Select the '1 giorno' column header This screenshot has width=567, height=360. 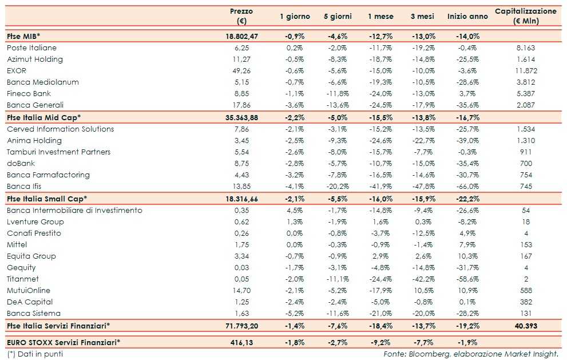[295, 17]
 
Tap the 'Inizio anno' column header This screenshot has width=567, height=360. [467, 17]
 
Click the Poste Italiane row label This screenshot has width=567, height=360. [31, 48]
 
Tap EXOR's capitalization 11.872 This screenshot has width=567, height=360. [526, 70]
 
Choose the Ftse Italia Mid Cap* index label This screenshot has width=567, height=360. [44, 117]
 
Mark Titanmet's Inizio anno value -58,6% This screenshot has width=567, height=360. [467, 279]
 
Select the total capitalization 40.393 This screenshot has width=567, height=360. [526, 325]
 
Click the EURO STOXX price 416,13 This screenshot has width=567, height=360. [241, 342]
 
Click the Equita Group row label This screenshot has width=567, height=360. [31, 256]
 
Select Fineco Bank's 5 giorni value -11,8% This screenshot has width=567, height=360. [337, 93]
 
